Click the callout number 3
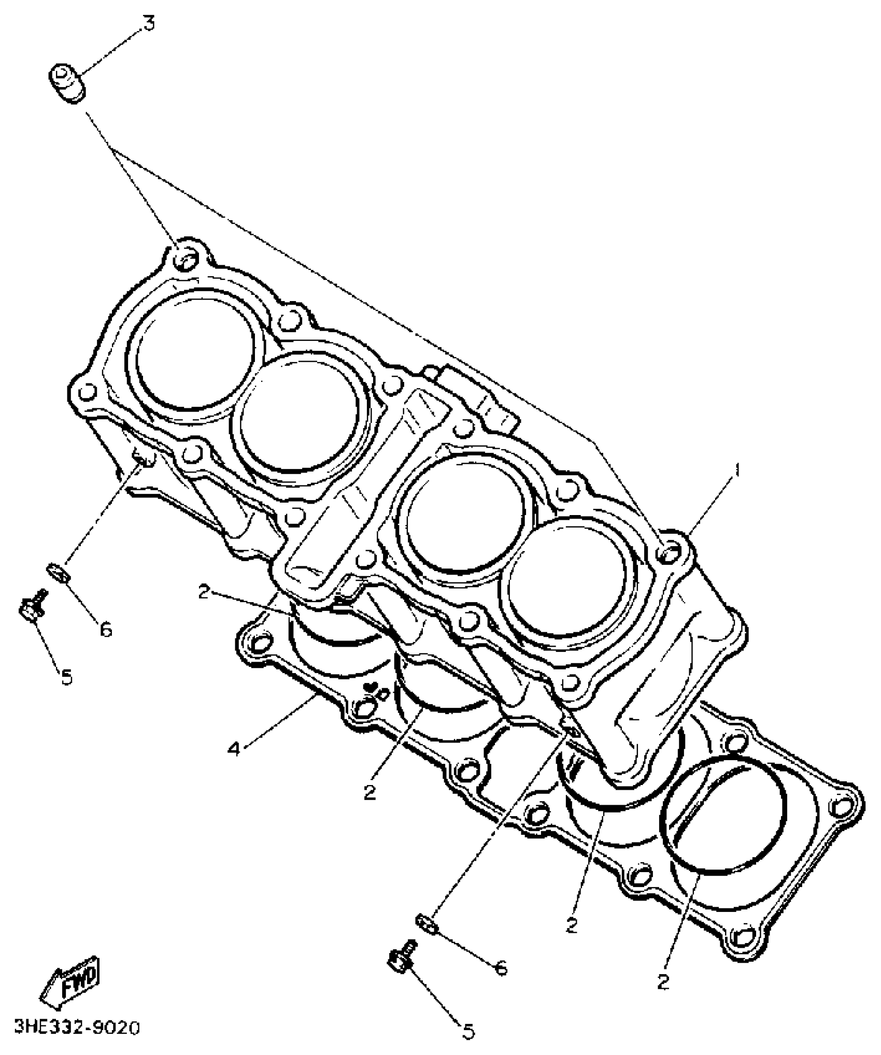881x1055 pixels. click(149, 24)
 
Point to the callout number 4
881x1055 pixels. click(235, 749)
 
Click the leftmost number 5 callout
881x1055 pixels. click(67, 677)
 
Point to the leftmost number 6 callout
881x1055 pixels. click(105, 630)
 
